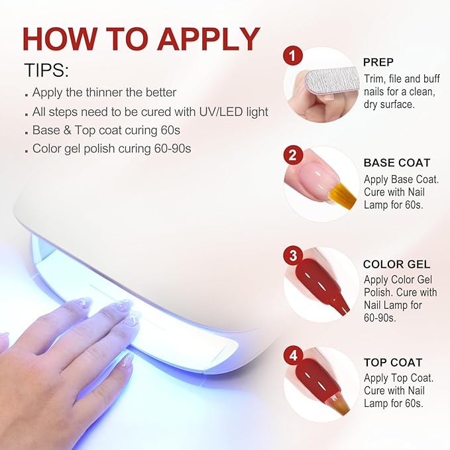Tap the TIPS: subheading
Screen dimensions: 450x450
point(47,70)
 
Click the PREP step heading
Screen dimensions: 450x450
point(378,62)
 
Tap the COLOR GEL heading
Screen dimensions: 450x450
point(396,264)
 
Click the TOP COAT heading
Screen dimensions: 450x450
point(393,363)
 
